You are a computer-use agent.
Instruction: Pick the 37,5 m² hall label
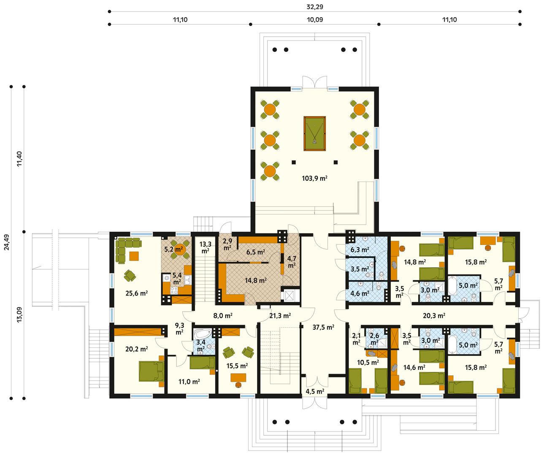tap(323, 327)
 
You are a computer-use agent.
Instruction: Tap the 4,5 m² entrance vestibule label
tap(314, 391)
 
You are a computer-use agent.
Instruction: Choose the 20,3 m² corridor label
tap(434, 315)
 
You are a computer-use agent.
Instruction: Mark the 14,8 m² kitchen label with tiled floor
tap(256, 280)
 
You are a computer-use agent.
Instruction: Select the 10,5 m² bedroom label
tap(367, 362)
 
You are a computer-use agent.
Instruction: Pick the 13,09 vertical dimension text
tap(19, 314)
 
